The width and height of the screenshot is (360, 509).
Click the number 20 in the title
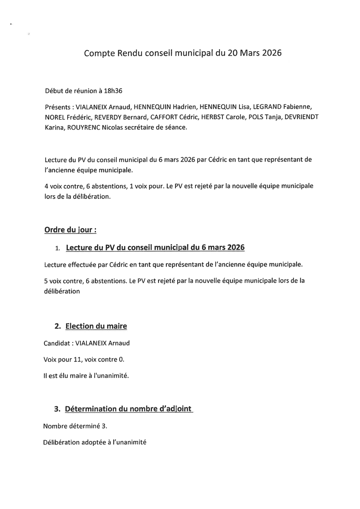tap(233, 53)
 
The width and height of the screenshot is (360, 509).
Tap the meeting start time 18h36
tap(113, 91)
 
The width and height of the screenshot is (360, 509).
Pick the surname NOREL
tap(55, 117)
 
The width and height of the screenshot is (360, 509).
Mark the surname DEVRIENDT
tap(302, 117)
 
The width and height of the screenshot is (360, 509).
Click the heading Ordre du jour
tap(70, 230)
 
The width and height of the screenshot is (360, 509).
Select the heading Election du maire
tap(96, 326)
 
